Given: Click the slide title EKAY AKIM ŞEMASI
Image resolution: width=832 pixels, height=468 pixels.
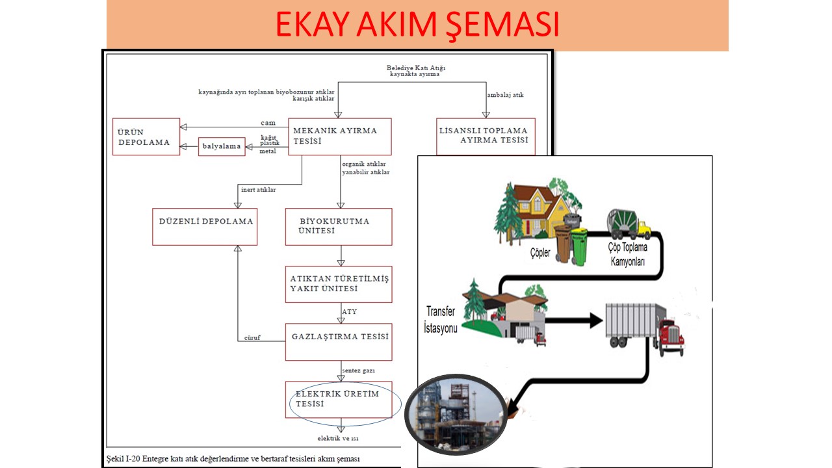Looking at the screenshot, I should pyautogui.click(x=417, y=25).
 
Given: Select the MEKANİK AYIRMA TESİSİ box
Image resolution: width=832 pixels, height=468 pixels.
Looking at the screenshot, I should pyautogui.click(x=339, y=136).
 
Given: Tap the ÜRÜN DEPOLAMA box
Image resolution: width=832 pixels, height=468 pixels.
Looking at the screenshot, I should pyautogui.click(x=146, y=136).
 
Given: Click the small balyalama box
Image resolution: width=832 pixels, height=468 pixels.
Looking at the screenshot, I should pyautogui.click(x=222, y=146).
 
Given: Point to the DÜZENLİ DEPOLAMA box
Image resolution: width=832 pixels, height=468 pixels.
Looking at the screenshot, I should pyautogui.click(x=205, y=226).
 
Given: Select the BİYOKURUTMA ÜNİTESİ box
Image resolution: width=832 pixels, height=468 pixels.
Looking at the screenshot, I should pyautogui.click(x=339, y=226).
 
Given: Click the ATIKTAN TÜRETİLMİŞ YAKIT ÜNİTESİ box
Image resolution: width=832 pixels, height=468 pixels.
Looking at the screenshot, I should pyautogui.click(x=339, y=284).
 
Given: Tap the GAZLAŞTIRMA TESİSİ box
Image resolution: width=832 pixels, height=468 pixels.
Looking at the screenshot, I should pyautogui.click(x=339, y=342).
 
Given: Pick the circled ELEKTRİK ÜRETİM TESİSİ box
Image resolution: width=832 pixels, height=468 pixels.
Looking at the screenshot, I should pyautogui.click(x=339, y=399).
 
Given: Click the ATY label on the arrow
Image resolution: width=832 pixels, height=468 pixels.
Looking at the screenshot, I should pyautogui.click(x=349, y=312).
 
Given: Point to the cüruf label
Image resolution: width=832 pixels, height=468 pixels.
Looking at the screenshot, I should pyautogui.click(x=252, y=337).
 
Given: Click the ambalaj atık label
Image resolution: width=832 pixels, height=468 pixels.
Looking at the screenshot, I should pyautogui.click(x=506, y=95).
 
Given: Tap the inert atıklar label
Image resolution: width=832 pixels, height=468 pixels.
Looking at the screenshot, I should pyautogui.click(x=258, y=190).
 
